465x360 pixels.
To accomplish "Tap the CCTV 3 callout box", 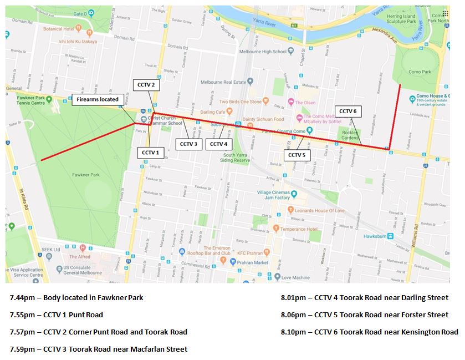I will (188, 144).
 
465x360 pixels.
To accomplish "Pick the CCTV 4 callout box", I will (217, 144).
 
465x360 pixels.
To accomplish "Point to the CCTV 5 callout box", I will (297, 155).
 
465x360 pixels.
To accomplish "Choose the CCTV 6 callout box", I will (348, 111).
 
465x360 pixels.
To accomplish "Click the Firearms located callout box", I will (98, 99).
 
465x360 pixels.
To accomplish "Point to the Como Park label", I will (419, 72).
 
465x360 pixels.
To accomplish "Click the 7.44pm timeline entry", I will (76, 297).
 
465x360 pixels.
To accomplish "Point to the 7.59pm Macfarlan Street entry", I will (99, 349).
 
